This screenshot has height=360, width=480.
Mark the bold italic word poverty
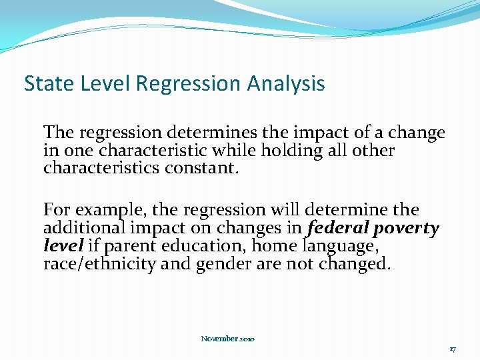pos(406,229)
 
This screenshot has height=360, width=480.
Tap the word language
pos(341,247)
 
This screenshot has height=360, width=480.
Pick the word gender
pos(224,265)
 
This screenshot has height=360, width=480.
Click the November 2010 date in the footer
pos(227,339)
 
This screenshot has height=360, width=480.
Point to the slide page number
pos(452,349)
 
